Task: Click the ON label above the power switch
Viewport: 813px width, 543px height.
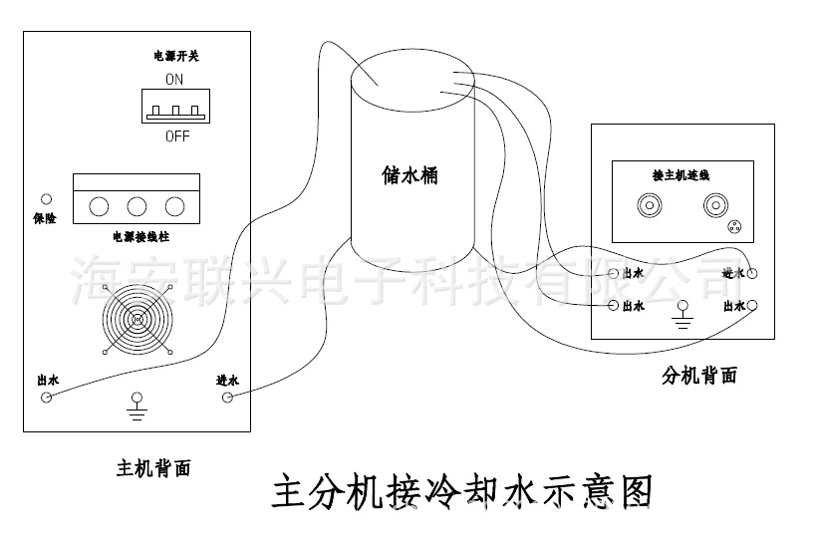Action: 175,78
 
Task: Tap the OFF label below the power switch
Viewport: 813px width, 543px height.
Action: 177,136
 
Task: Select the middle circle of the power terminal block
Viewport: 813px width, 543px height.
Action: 137,206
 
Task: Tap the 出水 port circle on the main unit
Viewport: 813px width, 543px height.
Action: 45,398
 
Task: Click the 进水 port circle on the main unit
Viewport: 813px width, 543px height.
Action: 227,398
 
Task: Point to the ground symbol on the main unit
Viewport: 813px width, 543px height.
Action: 136,407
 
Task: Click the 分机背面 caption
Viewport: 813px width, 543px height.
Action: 699,376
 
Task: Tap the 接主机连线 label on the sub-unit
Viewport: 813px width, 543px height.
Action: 680,175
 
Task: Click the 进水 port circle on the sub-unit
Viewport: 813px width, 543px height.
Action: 754,272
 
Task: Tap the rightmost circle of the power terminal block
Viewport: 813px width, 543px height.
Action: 175,206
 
